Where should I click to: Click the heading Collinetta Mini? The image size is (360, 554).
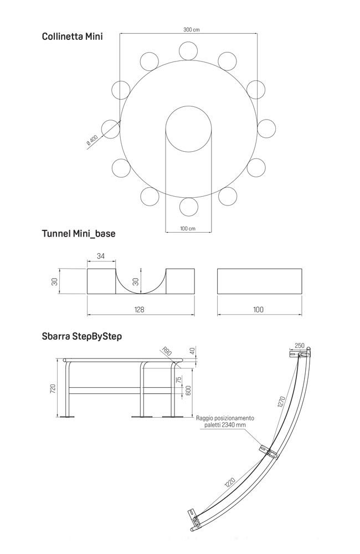pos(72,37)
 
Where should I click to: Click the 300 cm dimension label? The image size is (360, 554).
pos(191,30)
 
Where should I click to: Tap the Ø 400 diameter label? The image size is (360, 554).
pos(91,140)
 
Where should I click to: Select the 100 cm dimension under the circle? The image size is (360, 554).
pos(188,228)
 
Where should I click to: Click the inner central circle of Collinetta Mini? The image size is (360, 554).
pos(189,106)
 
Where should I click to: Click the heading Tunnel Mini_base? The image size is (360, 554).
pos(79,234)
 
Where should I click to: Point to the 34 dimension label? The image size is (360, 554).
pos(101,256)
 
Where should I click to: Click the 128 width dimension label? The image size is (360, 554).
pos(139,310)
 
